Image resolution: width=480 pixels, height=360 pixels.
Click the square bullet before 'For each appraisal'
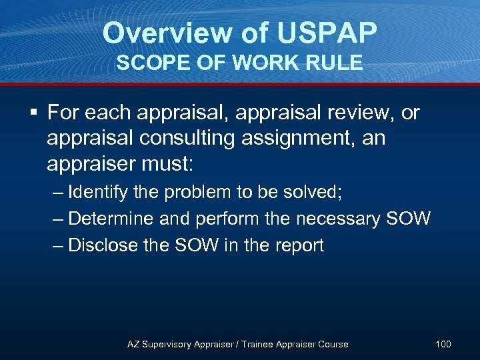point(33,113)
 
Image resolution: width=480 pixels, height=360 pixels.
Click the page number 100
point(443,344)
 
